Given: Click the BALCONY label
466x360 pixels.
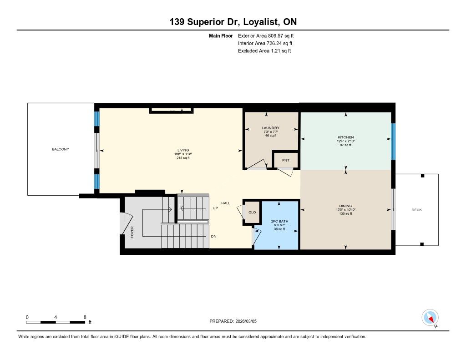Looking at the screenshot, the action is tap(61, 149).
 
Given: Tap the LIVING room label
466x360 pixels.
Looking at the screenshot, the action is tap(183, 150).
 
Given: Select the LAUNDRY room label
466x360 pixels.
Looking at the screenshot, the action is tap(270, 128).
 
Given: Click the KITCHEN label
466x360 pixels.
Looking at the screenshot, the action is tap(346, 137).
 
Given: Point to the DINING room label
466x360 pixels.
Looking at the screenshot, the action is tap(346, 206).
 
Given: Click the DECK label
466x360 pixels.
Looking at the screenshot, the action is tap(417, 210).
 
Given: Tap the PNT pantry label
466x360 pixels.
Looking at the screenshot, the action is tap(286, 160).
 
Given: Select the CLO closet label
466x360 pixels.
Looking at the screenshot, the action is tap(252, 212).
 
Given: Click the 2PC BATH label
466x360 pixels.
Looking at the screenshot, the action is tap(280, 221).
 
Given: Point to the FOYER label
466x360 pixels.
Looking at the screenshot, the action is tap(132, 232).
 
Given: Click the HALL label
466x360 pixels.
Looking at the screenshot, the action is tap(226, 203).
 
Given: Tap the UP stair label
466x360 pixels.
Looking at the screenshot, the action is tap(215, 208).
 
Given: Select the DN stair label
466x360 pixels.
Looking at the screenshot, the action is tap(214, 236).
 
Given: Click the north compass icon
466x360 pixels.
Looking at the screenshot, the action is tap(430, 318).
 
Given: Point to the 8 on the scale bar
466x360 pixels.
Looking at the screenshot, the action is tap(85, 317).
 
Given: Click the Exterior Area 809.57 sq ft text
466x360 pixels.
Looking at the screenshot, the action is tap(266, 35).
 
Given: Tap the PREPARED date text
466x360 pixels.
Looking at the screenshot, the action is tap(233, 321).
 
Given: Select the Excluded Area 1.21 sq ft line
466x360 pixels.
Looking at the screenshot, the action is tap(264, 51).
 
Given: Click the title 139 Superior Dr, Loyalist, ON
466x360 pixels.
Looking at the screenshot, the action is tap(233, 22).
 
